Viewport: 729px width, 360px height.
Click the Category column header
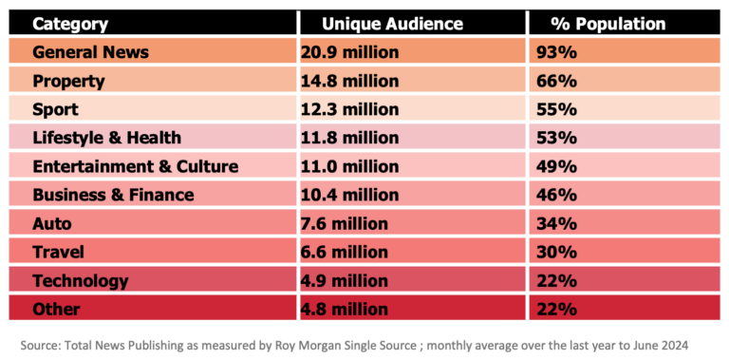(70, 24)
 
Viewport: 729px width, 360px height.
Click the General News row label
(90, 52)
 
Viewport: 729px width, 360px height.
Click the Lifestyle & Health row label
(106, 138)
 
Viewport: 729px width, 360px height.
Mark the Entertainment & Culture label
(135, 166)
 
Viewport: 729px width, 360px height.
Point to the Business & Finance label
(113, 195)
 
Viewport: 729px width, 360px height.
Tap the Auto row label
(52, 223)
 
